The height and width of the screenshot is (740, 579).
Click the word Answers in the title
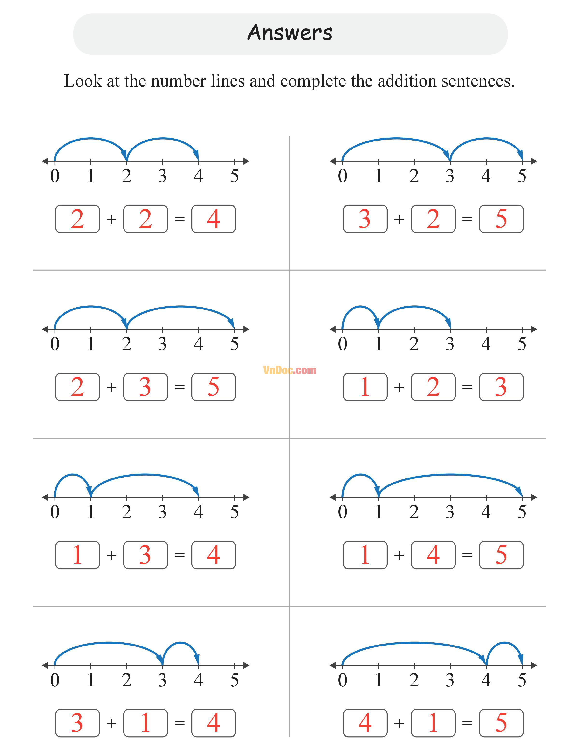tap(290, 33)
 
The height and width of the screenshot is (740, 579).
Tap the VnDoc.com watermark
tap(289, 370)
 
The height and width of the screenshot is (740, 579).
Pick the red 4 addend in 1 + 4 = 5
tap(433, 555)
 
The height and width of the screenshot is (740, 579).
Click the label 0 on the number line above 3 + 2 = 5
tap(343, 176)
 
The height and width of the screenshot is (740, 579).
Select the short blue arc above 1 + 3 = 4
tap(72, 475)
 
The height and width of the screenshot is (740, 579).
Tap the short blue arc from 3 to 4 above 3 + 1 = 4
tap(180, 643)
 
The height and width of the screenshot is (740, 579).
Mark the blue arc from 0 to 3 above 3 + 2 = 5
tap(396, 139)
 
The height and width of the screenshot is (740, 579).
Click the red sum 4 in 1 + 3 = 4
tap(213, 555)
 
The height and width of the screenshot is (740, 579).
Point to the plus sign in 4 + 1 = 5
tap(399, 723)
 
